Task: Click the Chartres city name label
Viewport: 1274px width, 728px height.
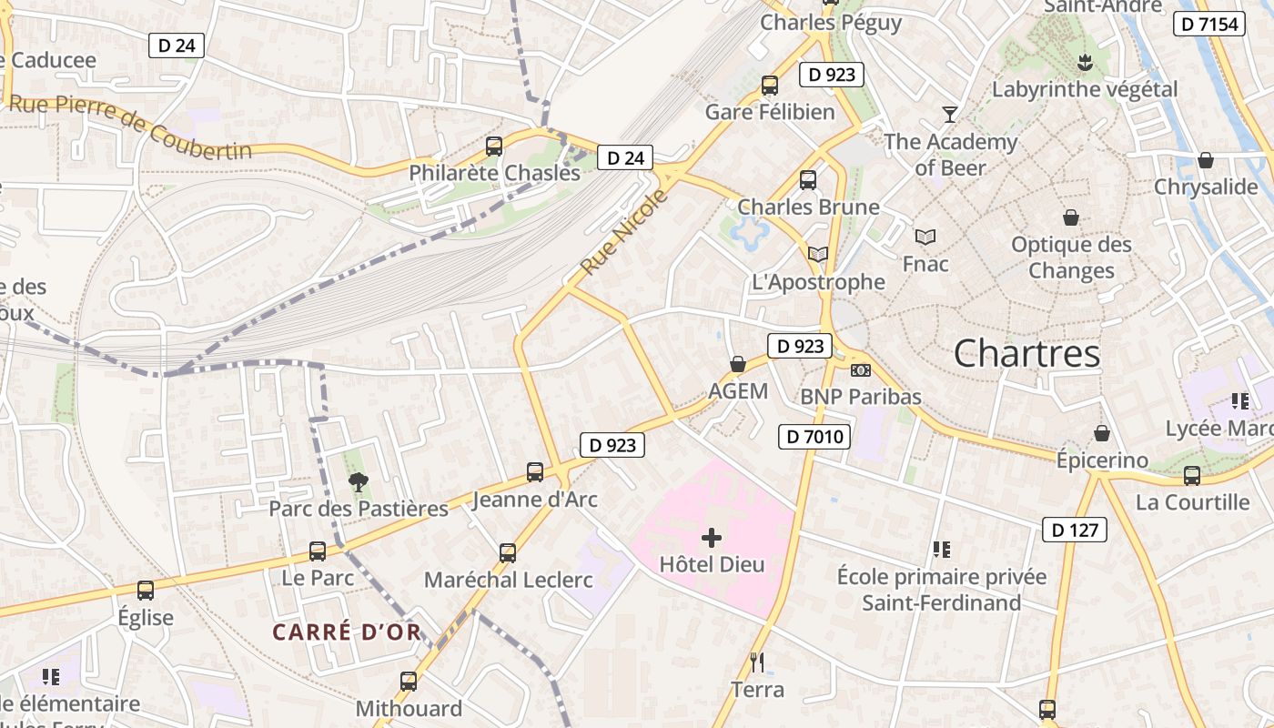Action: coord(1026,353)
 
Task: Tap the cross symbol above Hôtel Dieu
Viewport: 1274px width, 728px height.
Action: coord(712,538)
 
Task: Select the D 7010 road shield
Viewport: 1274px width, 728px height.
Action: coord(814,437)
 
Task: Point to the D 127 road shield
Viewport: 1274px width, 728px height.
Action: coord(1074,530)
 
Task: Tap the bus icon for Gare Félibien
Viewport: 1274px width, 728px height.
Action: coord(770,86)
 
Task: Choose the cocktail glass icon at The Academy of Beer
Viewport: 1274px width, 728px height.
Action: coord(950,114)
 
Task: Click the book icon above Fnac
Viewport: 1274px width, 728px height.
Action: coord(925,237)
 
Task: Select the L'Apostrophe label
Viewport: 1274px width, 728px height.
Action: coord(819,282)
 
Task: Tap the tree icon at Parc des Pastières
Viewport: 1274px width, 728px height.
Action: coord(359,482)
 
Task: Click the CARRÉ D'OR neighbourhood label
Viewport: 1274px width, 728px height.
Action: coord(347,632)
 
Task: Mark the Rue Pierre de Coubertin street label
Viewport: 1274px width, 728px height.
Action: coord(129,126)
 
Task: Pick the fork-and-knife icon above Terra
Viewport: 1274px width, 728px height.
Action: coord(756,662)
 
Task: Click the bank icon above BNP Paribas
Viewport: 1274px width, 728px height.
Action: coord(860,370)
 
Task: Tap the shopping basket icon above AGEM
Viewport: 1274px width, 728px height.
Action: coord(738,365)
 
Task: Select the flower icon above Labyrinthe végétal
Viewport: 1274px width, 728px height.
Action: coord(1084,63)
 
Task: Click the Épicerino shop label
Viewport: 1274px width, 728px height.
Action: coord(1102,460)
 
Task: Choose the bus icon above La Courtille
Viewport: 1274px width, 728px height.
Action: coord(1192,475)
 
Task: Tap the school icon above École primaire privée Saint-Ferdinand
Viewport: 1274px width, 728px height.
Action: coord(941,549)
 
